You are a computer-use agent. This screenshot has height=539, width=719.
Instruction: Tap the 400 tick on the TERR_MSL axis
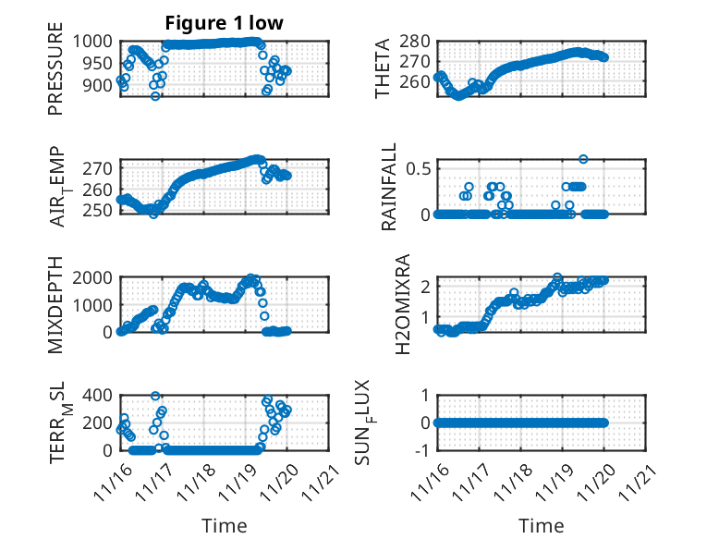[x=98, y=396]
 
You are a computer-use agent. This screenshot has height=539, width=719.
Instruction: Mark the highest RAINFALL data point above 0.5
[x=583, y=159]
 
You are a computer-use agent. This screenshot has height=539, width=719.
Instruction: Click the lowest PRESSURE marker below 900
[x=155, y=95]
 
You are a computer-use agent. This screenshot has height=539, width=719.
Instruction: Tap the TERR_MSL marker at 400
[x=155, y=396]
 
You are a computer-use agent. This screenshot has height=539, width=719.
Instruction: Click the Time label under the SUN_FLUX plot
[x=541, y=526]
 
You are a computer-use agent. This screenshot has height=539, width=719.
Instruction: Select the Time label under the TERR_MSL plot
[x=225, y=526]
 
